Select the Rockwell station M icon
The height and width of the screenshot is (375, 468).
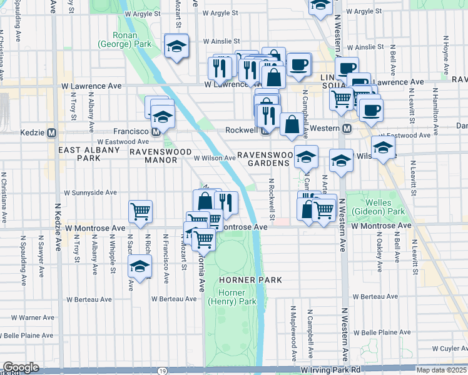click(x=265, y=130)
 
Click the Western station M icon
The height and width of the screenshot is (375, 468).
click(x=346, y=128)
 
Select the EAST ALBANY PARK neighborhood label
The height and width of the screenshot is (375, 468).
click(x=79, y=154)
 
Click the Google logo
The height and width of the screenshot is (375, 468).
click(x=21, y=367)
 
